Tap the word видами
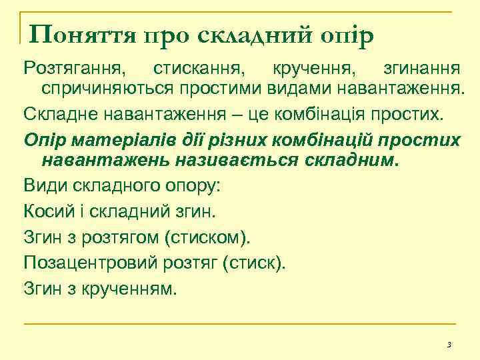pyautogui.click(x=294, y=87)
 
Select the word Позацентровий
pyautogui.click(x=91, y=263)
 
